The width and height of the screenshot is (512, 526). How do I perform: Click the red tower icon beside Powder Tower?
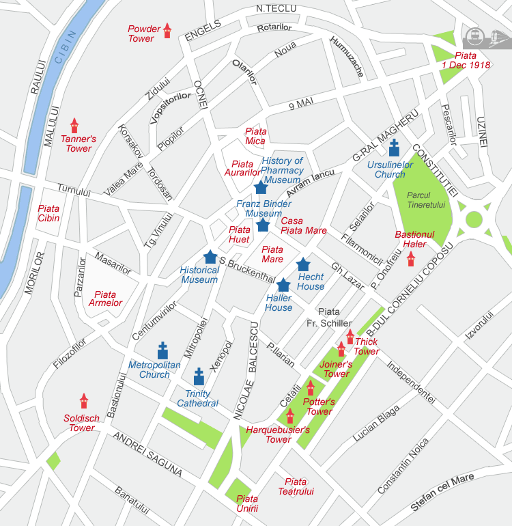[167, 30]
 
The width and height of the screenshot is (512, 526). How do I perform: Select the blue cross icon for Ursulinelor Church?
[394, 148]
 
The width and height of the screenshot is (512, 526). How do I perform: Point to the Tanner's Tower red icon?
[74, 126]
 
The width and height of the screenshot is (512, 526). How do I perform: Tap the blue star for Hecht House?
[303, 264]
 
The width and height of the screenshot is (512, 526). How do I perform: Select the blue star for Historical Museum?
[210, 257]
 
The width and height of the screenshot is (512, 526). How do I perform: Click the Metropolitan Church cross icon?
[162, 350]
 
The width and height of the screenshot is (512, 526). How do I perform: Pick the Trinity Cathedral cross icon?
[199, 376]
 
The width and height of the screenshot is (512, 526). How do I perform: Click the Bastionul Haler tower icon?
[411, 259]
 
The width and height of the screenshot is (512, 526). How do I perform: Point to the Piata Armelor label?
[105, 299]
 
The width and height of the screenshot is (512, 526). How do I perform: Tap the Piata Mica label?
[255, 136]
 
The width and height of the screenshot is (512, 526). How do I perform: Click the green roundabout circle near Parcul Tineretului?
[473, 220]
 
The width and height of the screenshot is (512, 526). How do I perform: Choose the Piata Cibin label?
[48, 213]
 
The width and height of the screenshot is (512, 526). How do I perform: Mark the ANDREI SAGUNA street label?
[147, 453]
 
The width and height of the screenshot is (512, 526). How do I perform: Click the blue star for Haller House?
[283, 285]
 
